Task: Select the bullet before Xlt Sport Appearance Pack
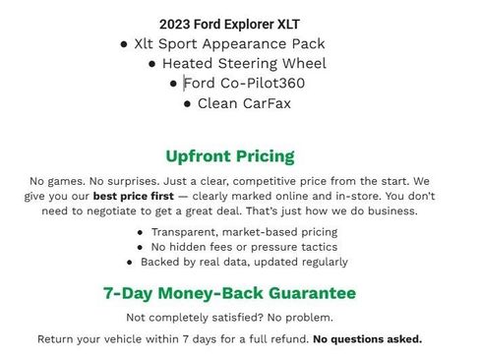123,44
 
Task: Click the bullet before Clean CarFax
187,103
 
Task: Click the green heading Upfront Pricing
230,156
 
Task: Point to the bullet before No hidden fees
141,248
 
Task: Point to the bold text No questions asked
367,339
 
